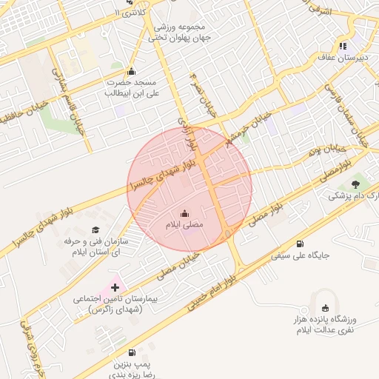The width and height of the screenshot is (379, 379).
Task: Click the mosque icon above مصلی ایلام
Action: point(184,211)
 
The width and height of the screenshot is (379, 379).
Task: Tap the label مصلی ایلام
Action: point(184,224)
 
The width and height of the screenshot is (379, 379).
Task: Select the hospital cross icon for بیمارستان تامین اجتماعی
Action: point(115,286)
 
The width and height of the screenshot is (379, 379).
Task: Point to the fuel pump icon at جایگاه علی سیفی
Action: point(299,244)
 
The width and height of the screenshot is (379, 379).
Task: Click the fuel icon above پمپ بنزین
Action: point(132,353)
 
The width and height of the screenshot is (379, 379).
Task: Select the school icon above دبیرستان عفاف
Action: point(342,45)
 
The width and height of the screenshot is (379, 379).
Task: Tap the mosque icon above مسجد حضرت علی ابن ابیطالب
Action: point(132,72)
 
